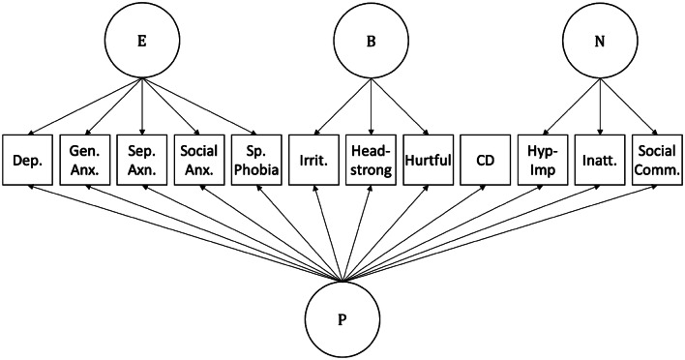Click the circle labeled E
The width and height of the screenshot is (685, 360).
pyautogui.click(x=142, y=43)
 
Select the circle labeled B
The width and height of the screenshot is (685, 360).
pyautogui.click(x=372, y=43)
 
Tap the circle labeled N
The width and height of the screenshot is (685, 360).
pyautogui.click(x=601, y=43)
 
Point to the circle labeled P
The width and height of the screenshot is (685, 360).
pyautogui.click(x=343, y=319)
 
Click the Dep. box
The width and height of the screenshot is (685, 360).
pyautogui.click(x=29, y=158)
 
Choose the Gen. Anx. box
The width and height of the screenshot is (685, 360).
pyautogui.click(x=86, y=158)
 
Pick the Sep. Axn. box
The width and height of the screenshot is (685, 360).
pyautogui.click(x=143, y=158)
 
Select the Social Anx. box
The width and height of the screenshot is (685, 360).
pyautogui.click(x=200, y=158)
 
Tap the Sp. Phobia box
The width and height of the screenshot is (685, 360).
pyautogui.click(x=257, y=158)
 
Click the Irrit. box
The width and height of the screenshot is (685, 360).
pyautogui.click(x=315, y=158)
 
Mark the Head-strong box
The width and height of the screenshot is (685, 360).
pyautogui.click(x=372, y=158)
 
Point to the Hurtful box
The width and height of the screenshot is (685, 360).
pyautogui.click(x=430, y=158)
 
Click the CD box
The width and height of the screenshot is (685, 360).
pyautogui.click(x=487, y=158)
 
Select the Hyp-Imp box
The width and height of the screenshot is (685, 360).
pyautogui.click(x=544, y=158)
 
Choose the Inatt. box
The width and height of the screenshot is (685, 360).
pyautogui.click(x=601, y=158)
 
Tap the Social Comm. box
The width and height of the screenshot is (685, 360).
pyautogui.click(x=658, y=158)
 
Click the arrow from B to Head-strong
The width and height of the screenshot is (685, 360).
pyautogui.click(x=372, y=104)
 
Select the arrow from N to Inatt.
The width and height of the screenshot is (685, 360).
pyautogui.click(x=601, y=104)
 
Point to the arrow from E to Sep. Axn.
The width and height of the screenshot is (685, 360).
pyautogui.click(x=142, y=104)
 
